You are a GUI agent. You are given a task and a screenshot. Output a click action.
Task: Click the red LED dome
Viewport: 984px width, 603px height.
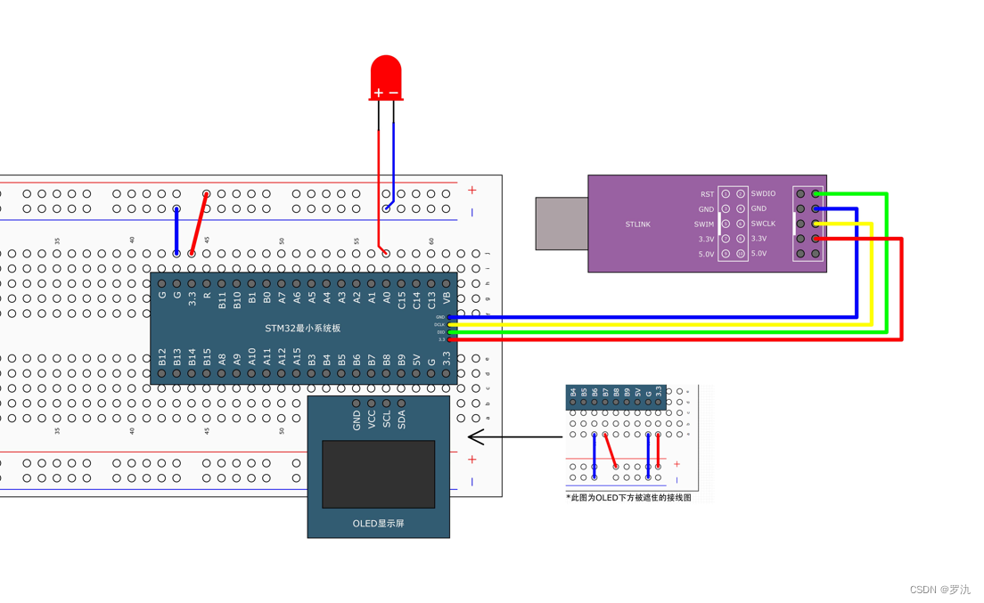[386, 73]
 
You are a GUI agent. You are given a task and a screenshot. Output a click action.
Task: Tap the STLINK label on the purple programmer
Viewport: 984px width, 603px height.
[637, 224]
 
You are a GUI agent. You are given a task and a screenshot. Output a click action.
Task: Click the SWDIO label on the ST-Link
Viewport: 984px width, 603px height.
[763, 193]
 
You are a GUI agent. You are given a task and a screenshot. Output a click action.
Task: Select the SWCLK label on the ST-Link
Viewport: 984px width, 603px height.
[763, 224]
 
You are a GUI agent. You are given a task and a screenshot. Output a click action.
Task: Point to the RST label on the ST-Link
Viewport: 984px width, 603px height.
[707, 194]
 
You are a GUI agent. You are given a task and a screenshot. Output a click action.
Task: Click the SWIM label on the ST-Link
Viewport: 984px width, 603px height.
[704, 224]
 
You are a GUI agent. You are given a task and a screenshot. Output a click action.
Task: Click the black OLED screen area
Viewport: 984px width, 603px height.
[378, 474]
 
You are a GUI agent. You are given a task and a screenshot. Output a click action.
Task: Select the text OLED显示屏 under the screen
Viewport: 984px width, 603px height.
[378, 524]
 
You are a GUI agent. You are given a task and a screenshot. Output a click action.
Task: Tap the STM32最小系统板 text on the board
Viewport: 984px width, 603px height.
[302, 329]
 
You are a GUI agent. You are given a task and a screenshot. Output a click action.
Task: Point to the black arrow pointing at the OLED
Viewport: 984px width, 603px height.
[513, 436]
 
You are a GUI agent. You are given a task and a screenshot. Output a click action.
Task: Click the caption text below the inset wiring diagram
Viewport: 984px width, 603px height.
[628, 498]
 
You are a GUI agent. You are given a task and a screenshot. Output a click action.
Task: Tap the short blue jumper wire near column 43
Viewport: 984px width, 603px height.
[176, 232]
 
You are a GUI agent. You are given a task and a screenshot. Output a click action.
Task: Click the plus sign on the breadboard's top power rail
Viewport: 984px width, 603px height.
[471, 190]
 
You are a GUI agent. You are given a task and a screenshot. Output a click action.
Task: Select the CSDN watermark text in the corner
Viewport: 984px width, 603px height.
[939, 590]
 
